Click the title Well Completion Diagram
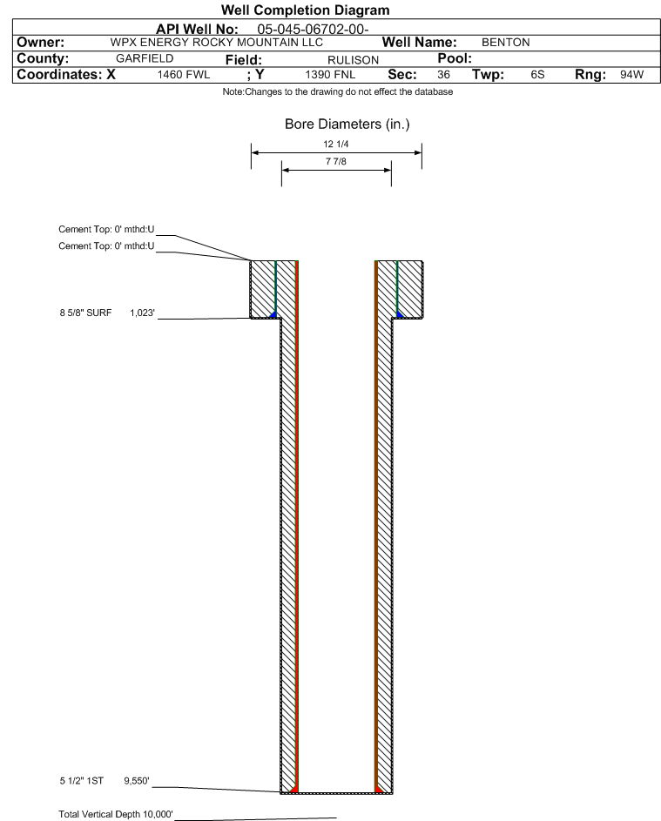tap(306, 10)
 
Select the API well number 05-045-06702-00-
tap(313, 30)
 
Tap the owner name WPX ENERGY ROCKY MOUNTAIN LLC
tap(217, 43)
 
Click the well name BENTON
tap(505, 43)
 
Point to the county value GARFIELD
tap(145, 58)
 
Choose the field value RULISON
tap(353, 60)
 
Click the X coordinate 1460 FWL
tap(184, 75)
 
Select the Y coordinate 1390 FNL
tap(331, 75)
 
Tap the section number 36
tap(443, 75)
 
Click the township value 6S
tap(537, 75)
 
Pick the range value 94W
tap(631, 75)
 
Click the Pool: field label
tap(455, 58)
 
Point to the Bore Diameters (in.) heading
tap(347, 124)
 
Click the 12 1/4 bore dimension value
tap(336, 144)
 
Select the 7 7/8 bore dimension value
tap(336, 161)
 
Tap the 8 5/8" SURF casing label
tap(85, 313)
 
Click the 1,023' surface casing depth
tap(143, 313)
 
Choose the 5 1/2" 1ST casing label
tap(82, 781)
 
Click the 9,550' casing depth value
tap(137, 781)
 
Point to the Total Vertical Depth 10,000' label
tap(116, 814)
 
